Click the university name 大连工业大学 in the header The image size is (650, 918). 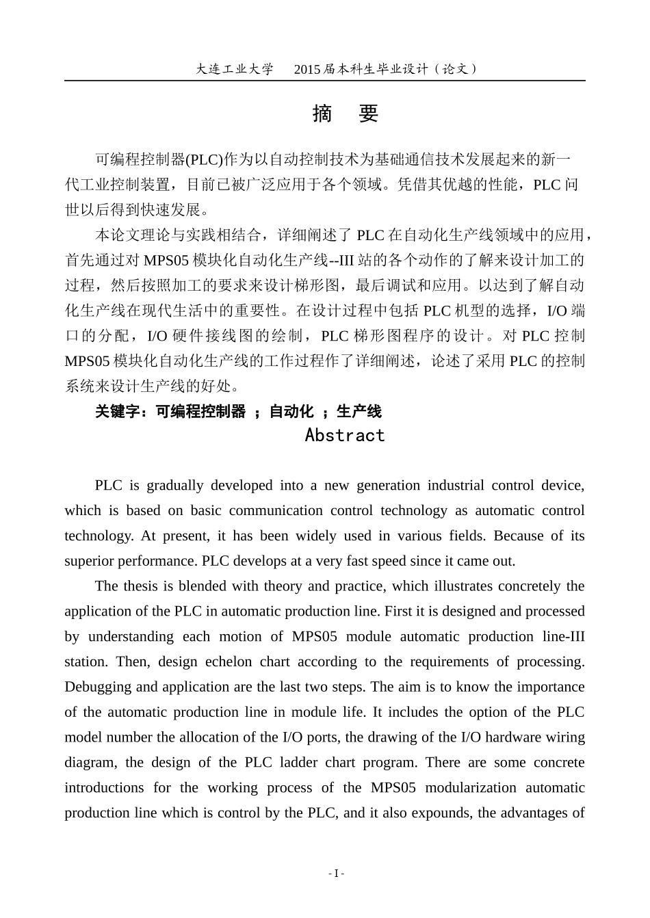pyautogui.click(x=234, y=69)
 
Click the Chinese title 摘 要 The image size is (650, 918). pyautogui.click(x=345, y=114)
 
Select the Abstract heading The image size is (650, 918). pyautogui.click(x=345, y=435)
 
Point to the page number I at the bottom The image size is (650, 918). pyautogui.click(x=336, y=874)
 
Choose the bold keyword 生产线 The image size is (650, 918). pyautogui.click(x=359, y=411)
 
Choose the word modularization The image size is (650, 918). pyautogui.click(x=471, y=787)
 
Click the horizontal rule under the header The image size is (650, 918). pyautogui.click(x=325, y=81)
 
